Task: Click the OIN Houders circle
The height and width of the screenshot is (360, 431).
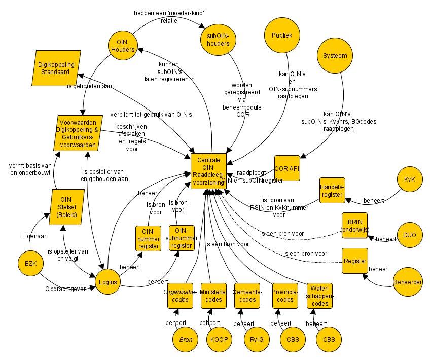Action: pos(123,46)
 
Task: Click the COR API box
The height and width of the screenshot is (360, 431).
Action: pos(288,168)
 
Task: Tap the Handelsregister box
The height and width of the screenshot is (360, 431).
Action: pos(332,191)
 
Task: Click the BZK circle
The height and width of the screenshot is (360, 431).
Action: pos(31,263)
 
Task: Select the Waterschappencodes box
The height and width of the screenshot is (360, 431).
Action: pos(319,296)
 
